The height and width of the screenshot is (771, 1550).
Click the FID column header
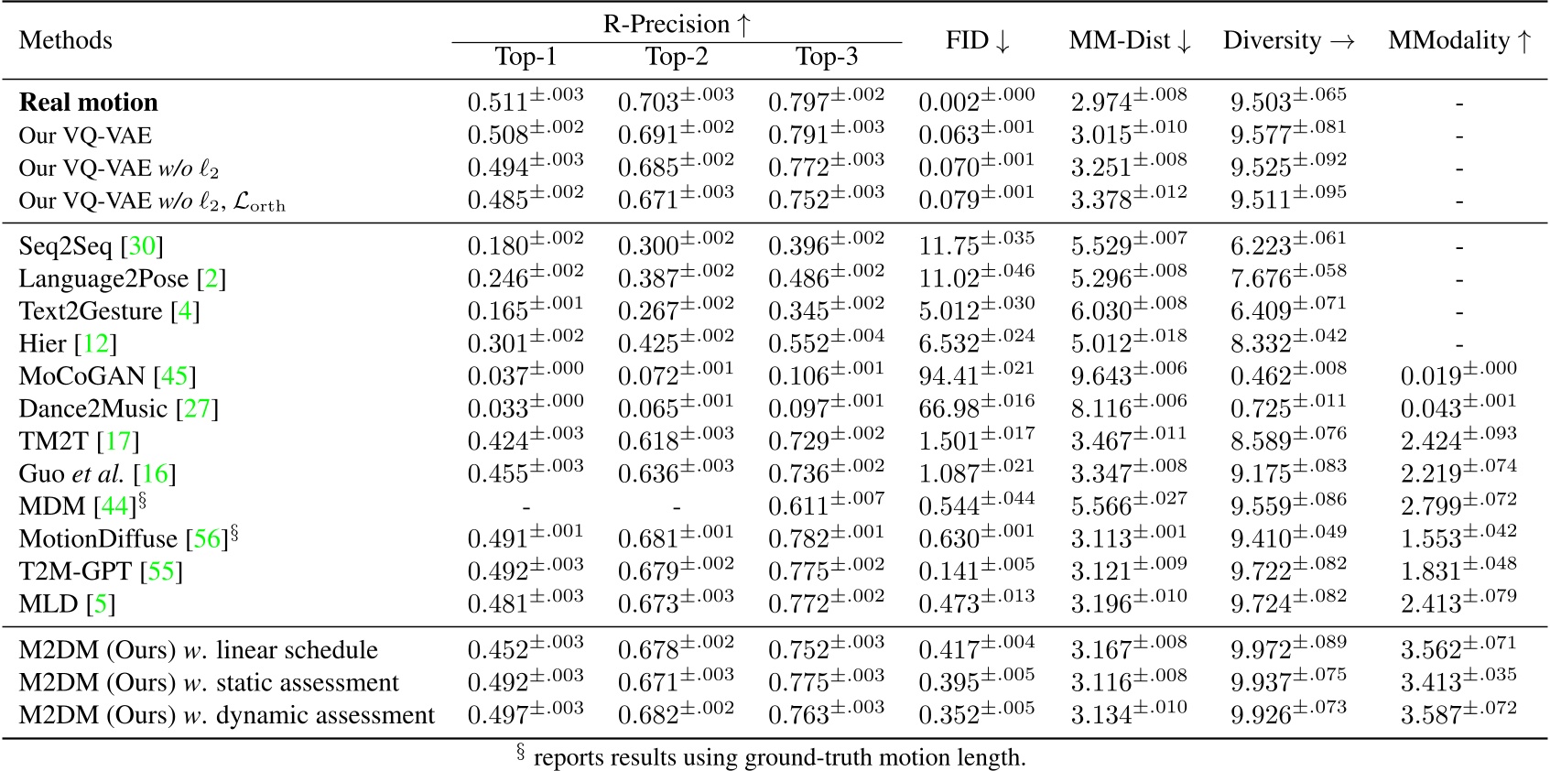(x=977, y=41)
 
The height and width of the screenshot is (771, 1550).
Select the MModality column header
(x=1458, y=41)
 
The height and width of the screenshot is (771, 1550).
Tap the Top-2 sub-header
(x=676, y=57)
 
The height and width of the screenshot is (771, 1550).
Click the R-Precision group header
(x=677, y=24)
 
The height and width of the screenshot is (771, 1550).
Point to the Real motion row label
(x=88, y=103)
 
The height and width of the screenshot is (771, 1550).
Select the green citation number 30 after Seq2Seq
(x=142, y=245)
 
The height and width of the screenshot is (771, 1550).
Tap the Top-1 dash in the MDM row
(x=526, y=506)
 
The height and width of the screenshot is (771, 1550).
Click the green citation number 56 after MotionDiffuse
(x=207, y=538)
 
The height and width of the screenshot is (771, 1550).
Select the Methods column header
(x=65, y=41)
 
